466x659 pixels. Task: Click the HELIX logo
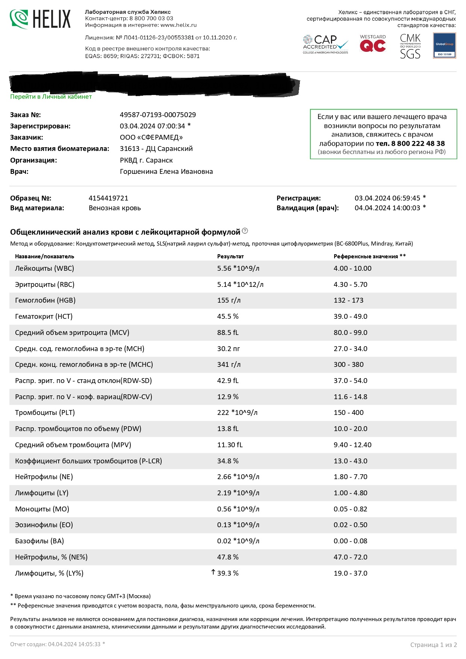(40, 19)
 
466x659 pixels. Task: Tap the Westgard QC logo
(372, 44)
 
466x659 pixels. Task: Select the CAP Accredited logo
(325, 44)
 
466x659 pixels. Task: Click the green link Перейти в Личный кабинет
(51, 97)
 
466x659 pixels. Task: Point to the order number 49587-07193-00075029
(158, 115)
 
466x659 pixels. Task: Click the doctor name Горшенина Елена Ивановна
(166, 172)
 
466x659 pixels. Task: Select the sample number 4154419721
(108, 198)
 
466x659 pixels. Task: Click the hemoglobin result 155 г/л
(228, 300)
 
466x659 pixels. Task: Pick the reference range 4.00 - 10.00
(352, 268)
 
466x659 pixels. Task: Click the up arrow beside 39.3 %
(213, 572)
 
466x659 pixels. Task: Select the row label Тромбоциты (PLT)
(45, 413)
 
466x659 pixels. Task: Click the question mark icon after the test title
(245, 231)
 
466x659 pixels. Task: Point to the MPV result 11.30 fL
(230, 445)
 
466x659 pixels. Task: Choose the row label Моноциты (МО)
(42, 509)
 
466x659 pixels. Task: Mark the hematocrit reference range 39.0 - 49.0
(350, 317)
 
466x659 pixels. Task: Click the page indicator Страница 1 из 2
(433, 645)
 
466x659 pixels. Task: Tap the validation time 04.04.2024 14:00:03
(387, 208)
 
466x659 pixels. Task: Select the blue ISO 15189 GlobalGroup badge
(444, 45)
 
